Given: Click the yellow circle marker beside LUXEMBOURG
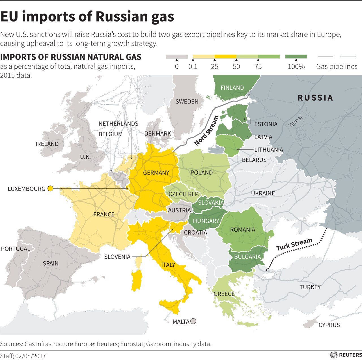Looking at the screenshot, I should tap(50, 189).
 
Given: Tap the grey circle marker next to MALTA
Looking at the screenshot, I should tap(193, 321).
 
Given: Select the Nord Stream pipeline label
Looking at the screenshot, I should tap(206, 131).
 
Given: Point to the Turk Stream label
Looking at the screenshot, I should tap(294, 244).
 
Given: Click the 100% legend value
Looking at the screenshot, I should tap(296, 67).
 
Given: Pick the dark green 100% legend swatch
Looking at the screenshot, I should tap(296, 57).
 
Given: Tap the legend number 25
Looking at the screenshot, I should tap(215, 67).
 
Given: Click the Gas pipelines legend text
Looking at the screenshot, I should tap(337, 67).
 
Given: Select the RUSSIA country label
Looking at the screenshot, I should tap(315, 98).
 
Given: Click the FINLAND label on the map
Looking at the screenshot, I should tap(232, 88).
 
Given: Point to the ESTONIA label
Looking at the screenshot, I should tap(266, 124).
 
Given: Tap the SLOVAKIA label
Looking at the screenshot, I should tap(211, 202).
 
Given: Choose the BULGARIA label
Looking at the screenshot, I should tap(247, 257).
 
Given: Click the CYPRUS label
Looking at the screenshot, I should tap(329, 325).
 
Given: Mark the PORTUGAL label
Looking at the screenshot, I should tap(16, 249).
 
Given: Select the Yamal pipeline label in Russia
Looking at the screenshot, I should tap(296, 121).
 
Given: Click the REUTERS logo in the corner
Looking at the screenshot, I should tap(346, 355).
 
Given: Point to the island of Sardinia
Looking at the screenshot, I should tap(137, 280).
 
